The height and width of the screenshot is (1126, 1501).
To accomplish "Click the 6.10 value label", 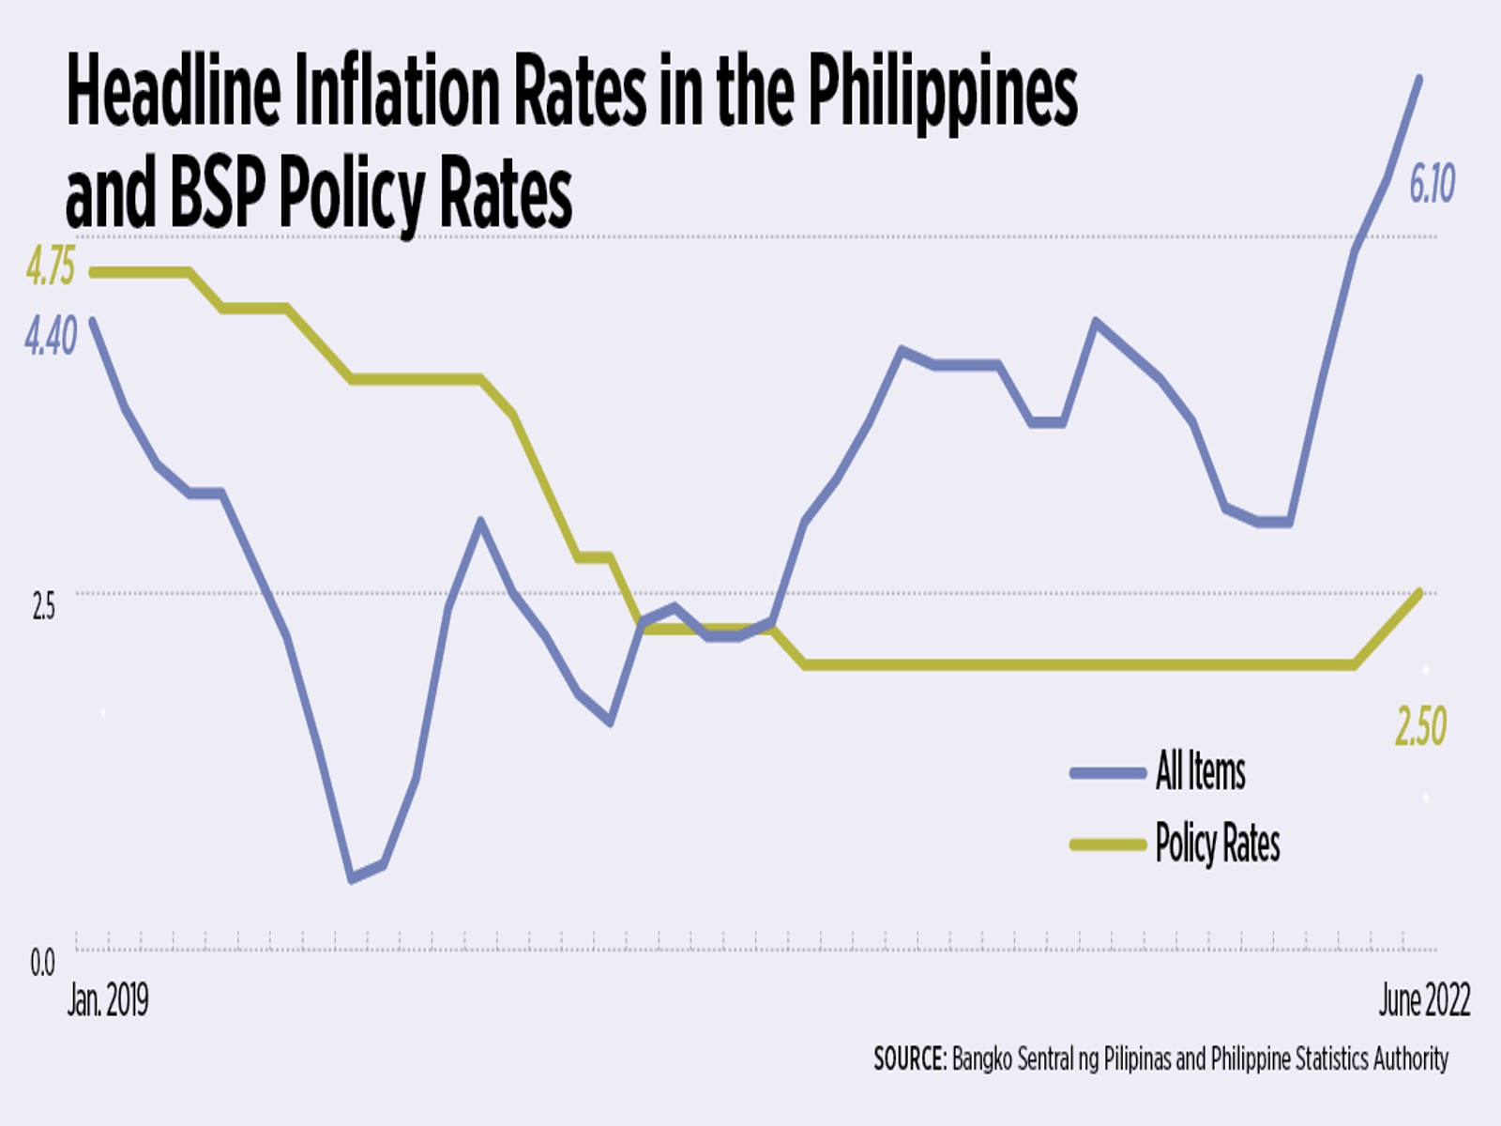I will click(x=1432, y=183).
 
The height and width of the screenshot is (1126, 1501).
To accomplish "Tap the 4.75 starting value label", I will click(x=50, y=267).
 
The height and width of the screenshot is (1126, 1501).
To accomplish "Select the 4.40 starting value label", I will click(x=51, y=337).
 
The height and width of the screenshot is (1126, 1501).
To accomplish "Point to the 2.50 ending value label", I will click(x=1420, y=726).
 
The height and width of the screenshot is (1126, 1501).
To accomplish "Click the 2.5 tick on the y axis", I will click(x=43, y=607).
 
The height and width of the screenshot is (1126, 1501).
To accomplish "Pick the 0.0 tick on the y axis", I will click(x=42, y=963).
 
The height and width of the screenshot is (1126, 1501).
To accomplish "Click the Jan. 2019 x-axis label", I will click(x=107, y=1001).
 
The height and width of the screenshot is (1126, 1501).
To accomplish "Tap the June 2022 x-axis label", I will click(x=1423, y=1001).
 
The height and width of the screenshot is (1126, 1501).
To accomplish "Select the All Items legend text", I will click(x=1200, y=772).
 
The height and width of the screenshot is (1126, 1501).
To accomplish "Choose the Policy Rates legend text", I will click(x=1217, y=844).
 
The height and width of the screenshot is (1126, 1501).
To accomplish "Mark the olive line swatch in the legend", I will click(x=1108, y=844).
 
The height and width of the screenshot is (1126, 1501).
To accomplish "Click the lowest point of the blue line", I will click(x=351, y=879).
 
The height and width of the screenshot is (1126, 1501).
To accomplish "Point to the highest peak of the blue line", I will click(x=1418, y=80).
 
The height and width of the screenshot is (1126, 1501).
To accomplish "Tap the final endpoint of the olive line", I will click(x=1419, y=593).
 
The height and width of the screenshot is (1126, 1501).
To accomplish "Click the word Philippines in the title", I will click(x=942, y=94).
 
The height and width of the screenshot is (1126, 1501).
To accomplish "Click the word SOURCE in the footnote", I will click(x=909, y=1059).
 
